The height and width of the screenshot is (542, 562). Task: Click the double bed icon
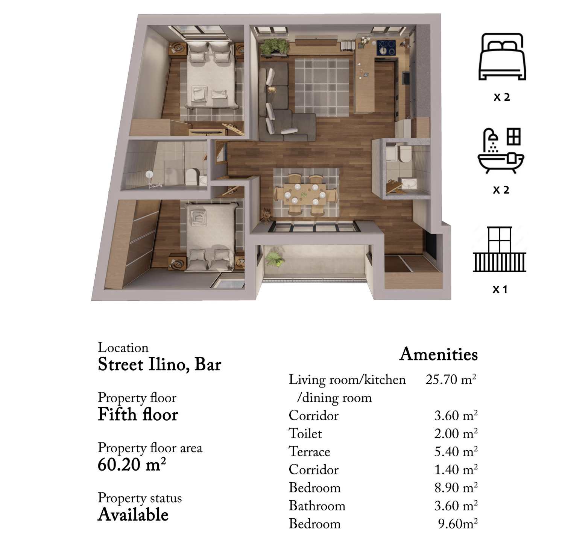coord(502,57)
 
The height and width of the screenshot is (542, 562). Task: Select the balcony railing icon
coord(500,249)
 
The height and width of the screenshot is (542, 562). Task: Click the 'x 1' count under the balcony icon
coord(500,289)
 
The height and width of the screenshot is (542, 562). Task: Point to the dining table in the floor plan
coord(305,194)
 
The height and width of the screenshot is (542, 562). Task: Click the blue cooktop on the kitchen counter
coord(386,48)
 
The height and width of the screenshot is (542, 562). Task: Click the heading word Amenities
coord(439,354)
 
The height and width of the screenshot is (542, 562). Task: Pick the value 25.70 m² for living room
coord(451,379)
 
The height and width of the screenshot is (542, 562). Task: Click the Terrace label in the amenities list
coord(309,451)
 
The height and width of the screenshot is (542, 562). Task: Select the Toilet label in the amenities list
coord(305,433)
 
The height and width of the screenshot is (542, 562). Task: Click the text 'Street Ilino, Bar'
coord(159,364)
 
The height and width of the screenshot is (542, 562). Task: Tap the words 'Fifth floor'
coord(138,414)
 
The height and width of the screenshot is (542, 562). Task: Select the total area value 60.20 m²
coord(132,464)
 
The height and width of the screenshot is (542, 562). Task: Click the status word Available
coord(133,514)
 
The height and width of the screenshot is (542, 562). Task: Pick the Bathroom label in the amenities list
coord(317,506)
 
